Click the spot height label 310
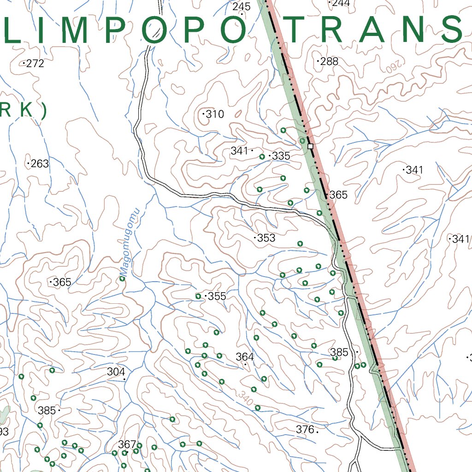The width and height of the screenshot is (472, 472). (x=214, y=114)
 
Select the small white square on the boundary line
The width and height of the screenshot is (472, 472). (x=310, y=146)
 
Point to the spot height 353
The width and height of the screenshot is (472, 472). (x=266, y=238)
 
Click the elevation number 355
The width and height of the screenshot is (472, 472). (x=217, y=296)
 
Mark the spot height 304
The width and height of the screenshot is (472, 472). (x=116, y=372)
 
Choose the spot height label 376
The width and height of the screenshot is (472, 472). (x=305, y=430)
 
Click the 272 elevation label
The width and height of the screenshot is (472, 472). (x=35, y=64)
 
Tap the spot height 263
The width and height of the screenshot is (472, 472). (x=40, y=164)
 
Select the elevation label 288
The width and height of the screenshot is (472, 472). (x=329, y=61)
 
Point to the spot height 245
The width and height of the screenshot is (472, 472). (x=242, y=6)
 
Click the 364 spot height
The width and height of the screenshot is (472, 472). (x=245, y=357)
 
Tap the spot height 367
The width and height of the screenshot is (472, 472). (x=127, y=444)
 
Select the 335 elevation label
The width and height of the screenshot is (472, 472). (x=281, y=156)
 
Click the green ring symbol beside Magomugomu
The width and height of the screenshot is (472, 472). (x=123, y=278)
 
